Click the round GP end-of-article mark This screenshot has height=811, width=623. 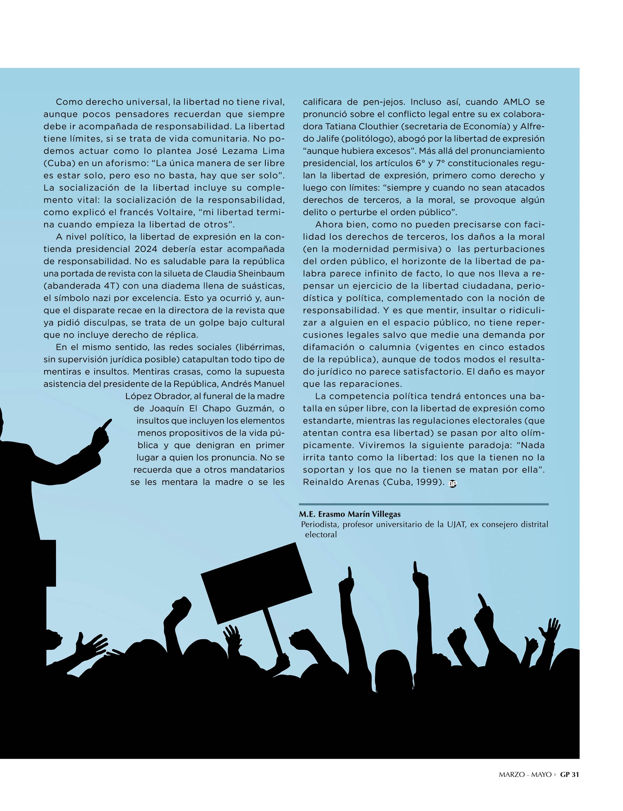452,483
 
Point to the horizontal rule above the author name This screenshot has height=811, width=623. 424,504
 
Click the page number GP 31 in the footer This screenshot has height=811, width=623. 569,785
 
